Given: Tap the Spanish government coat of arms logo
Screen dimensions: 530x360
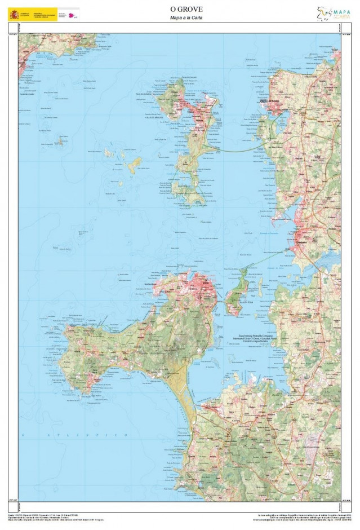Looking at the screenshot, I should (13, 14).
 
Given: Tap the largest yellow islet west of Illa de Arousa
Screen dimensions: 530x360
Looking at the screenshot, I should (134, 165).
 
